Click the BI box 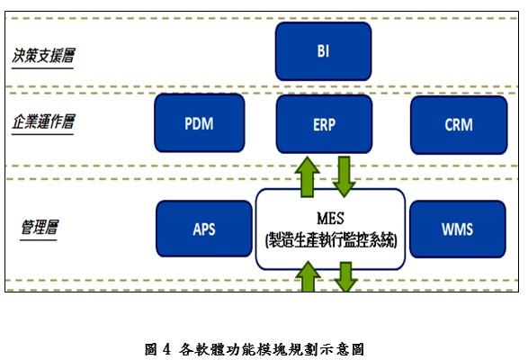click(x=323, y=51)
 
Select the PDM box click(x=201, y=123)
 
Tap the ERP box click(x=323, y=123)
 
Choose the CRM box click(x=457, y=123)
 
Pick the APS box click(x=203, y=228)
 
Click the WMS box click(x=457, y=228)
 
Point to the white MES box click(x=330, y=229)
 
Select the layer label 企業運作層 click(x=42, y=121)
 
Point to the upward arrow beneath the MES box click(x=309, y=277)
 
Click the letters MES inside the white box click(x=330, y=218)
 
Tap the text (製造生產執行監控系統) click(x=330, y=240)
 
